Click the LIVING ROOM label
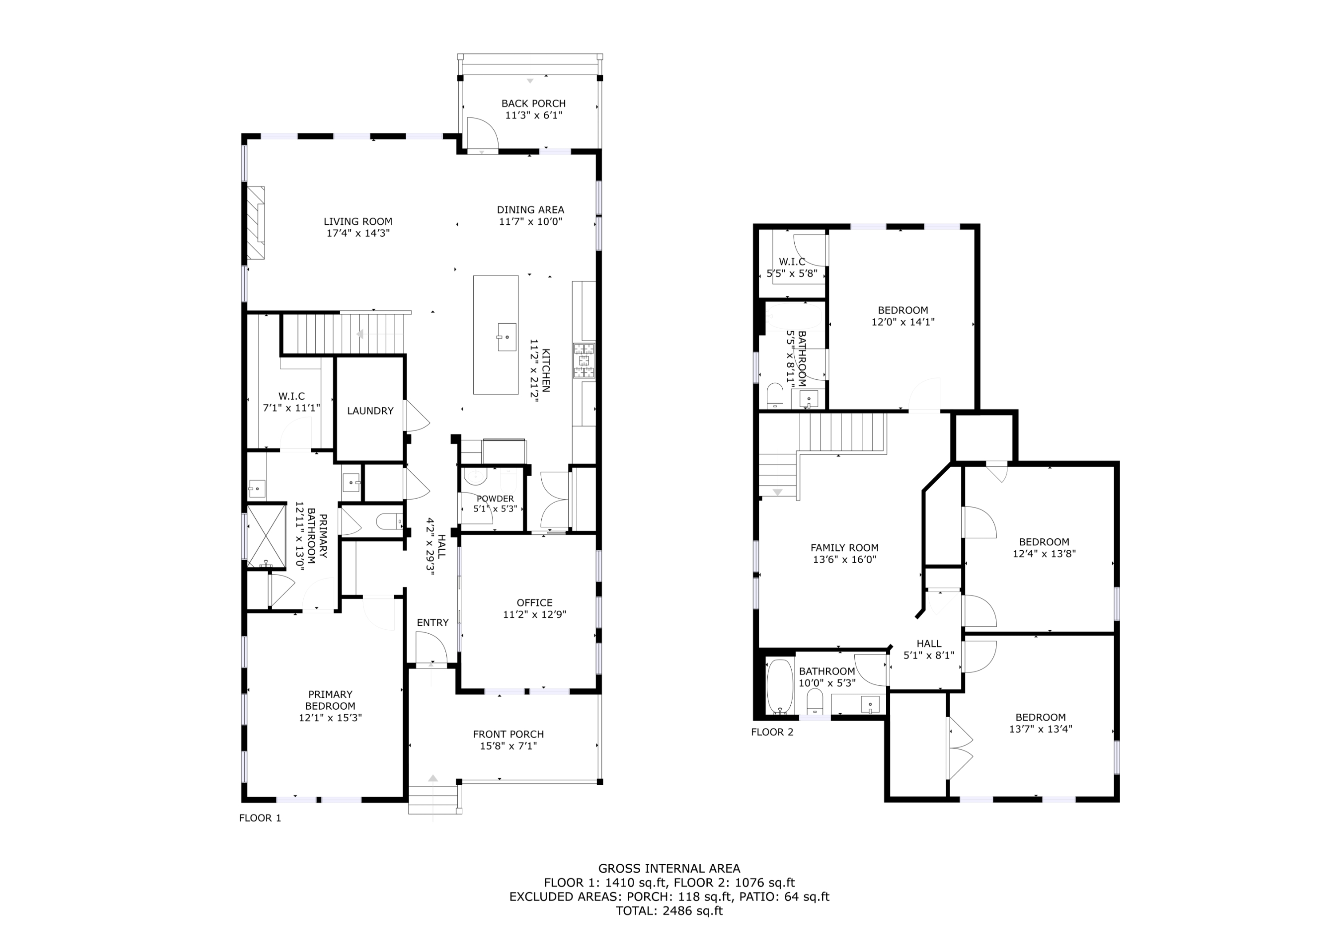coord(357,221)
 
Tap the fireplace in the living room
coord(256,223)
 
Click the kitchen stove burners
coord(584,361)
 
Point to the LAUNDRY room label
coord(370,411)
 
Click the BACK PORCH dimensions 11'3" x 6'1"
coord(534,115)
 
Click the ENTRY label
coord(432,623)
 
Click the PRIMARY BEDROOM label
coord(330,700)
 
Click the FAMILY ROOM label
coord(844,547)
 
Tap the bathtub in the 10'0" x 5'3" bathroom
coord(780,686)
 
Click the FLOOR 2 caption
coord(772,732)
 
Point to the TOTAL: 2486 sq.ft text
coord(669,910)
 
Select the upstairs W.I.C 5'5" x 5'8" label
coord(792,262)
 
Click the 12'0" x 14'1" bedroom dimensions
coord(903,322)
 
